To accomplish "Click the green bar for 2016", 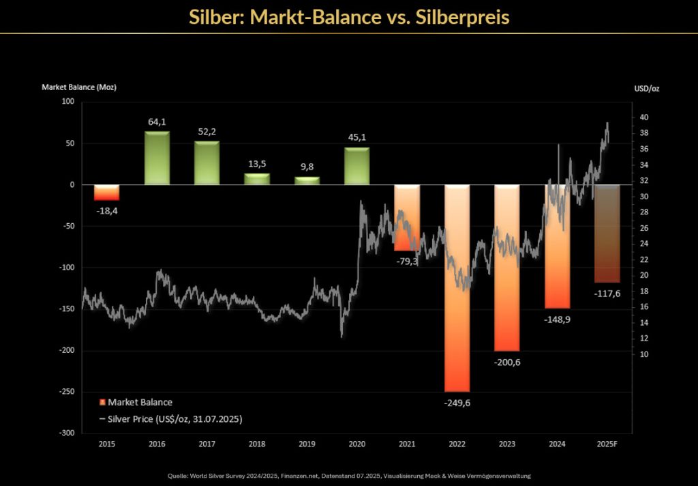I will point(157,158).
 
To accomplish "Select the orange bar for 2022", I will point(457,287).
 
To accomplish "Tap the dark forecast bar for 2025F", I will point(607,233).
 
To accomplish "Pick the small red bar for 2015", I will point(106,192).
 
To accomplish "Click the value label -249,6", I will point(457,403).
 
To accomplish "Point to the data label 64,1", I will point(157,121).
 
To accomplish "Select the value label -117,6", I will point(607,294).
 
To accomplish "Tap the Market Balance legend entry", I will point(136,402).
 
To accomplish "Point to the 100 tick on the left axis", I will point(67,102).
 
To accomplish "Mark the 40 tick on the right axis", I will point(644,117).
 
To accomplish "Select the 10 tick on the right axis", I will point(644,354).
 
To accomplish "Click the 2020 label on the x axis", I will point(356,444).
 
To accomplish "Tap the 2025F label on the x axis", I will point(607,444).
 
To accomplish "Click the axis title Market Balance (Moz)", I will point(79,87).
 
